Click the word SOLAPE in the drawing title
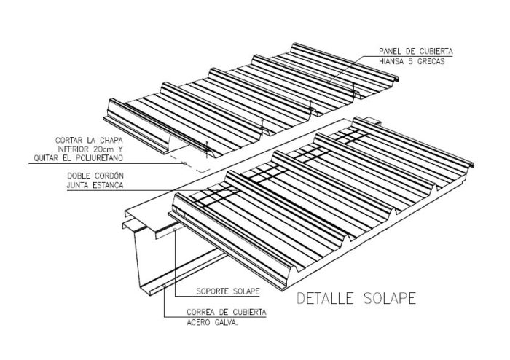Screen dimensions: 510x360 click(390, 298)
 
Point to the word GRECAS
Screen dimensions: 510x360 click(431, 61)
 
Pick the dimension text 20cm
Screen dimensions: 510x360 click(103, 149)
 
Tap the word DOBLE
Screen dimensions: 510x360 click(78, 176)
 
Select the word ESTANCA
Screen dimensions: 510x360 click(108, 185)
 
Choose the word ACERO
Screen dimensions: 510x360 click(197, 323)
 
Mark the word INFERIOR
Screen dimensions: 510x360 click(72, 149)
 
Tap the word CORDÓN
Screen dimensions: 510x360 click(109, 176)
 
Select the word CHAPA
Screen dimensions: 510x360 click(111, 141)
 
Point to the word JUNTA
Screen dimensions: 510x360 click(78, 185)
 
